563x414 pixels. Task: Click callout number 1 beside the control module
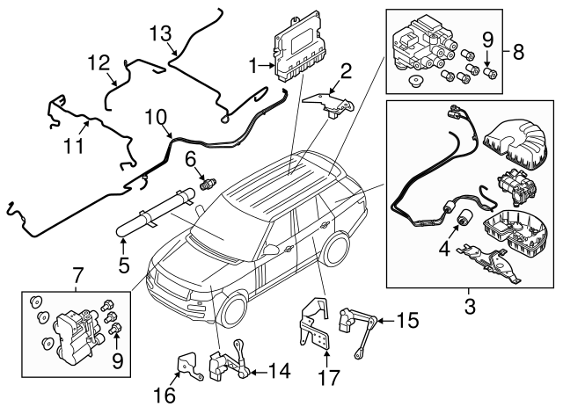pos(253,65)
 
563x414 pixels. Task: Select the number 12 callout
pos(99,63)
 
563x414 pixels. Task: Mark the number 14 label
pos(277,373)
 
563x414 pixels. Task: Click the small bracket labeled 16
pos(187,366)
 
